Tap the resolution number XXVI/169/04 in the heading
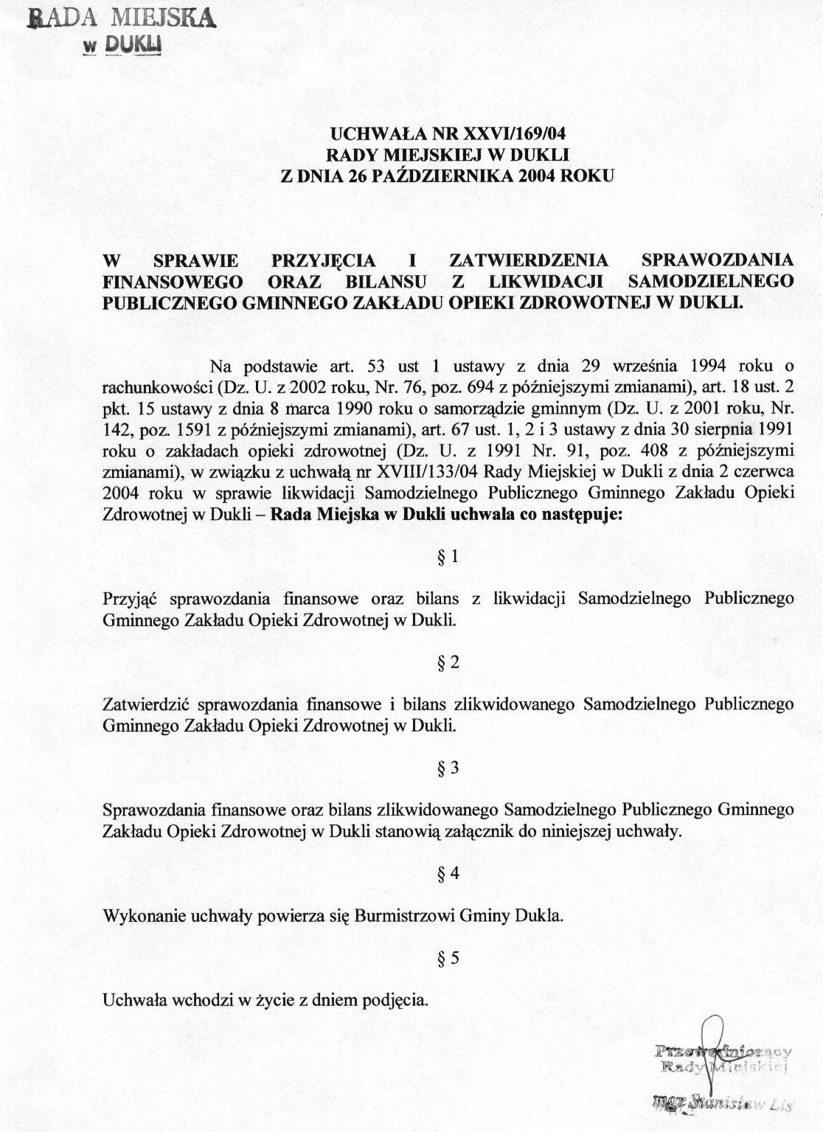pos(516,134)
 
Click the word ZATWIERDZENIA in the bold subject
pos(529,260)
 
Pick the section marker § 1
pos(448,557)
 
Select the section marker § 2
pos(448,662)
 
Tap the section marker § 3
pos(448,768)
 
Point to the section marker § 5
pos(448,959)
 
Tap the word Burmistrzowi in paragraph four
pos(403,917)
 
